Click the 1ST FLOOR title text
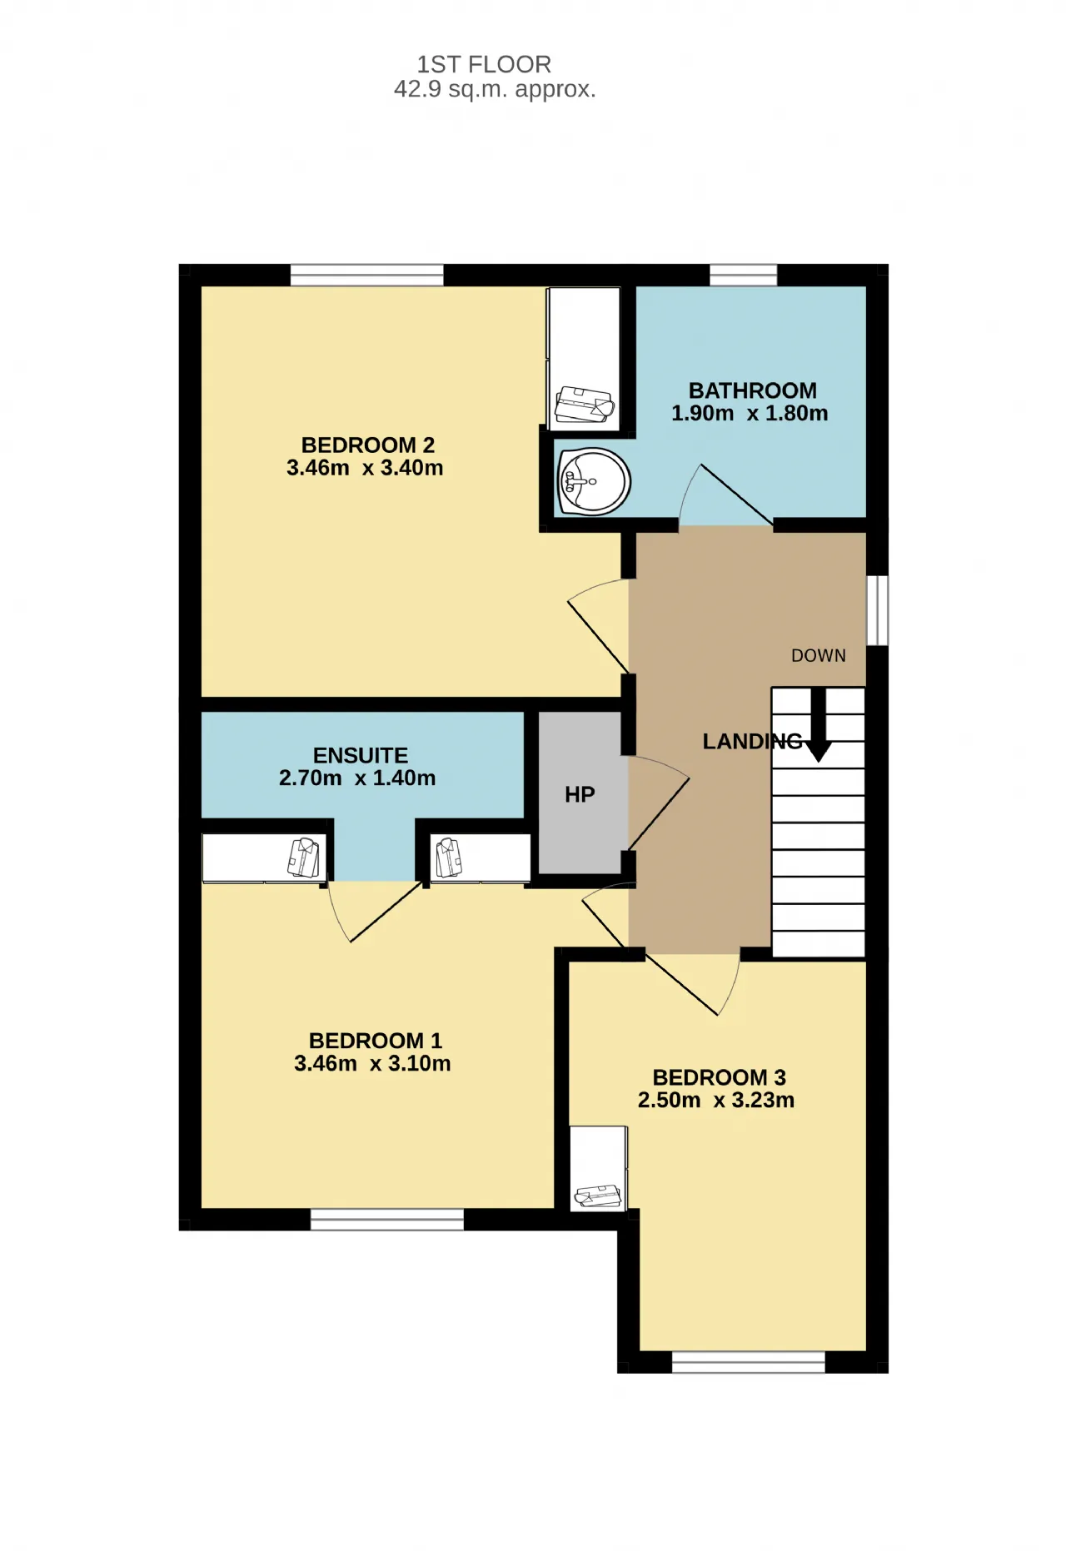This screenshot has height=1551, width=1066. coord(484,64)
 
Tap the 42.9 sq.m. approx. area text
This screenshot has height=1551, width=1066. coord(495,89)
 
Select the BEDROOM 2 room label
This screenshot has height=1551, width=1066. coord(368,445)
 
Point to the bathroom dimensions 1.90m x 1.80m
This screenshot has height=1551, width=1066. coord(750,413)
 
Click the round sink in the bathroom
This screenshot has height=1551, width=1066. coord(593,481)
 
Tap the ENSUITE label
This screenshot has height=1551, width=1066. coord(361,755)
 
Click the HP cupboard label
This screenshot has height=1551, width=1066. coord(580,795)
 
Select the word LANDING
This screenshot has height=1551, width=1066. coord(753,741)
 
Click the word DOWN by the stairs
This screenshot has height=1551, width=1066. coord(819,656)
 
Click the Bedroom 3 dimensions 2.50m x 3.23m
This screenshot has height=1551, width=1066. coord(716,1100)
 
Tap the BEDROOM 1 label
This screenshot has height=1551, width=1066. coord(376,1041)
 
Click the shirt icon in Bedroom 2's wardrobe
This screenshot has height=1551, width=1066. coord(585,405)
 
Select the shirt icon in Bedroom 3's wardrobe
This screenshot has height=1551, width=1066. coord(598,1196)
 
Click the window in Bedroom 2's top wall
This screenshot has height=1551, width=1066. coord(367,275)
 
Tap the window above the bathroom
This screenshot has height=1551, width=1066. coord(743,275)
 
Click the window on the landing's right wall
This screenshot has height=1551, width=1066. coord(878,610)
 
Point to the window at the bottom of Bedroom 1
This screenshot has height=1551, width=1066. coord(387,1220)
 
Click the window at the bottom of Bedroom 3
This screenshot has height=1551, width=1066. coord(748,1362)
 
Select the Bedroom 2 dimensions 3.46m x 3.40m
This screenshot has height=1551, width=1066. coord(365,468)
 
